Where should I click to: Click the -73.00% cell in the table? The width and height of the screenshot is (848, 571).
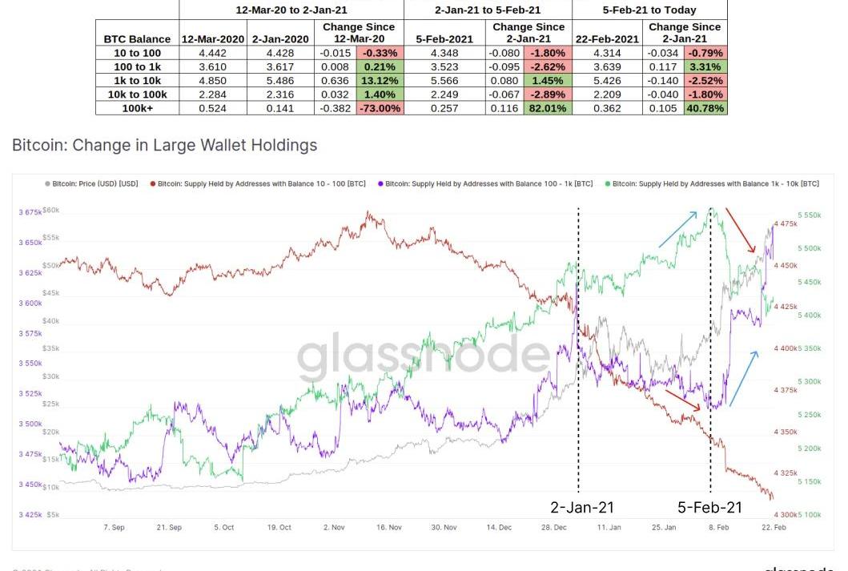(x=379, y=108)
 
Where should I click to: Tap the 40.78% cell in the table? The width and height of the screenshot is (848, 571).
(x=705, y=108)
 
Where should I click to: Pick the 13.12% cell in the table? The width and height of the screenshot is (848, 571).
(x=379, y=80)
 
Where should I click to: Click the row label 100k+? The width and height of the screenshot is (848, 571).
(x=138, y=108)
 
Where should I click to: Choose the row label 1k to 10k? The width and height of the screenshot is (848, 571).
(x=138, y=80)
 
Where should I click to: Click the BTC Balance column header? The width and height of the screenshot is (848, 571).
(x=138, y=38)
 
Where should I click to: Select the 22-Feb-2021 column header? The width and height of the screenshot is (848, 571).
(x=606, y=38)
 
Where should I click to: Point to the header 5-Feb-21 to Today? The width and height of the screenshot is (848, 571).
(x=649, y=10)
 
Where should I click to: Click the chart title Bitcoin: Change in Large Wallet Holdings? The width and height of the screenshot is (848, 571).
(x=165, y=145)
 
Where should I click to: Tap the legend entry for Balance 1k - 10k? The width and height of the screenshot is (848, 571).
(x=716, y=183)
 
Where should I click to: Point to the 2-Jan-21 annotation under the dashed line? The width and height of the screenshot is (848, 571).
(x=582, y=507)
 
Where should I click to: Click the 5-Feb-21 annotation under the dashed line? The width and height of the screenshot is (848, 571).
(x=709, y=507)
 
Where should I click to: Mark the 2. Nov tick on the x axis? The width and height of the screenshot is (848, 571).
(x=332, y=528)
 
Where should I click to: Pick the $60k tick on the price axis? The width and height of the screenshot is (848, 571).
(x=52, y=210)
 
